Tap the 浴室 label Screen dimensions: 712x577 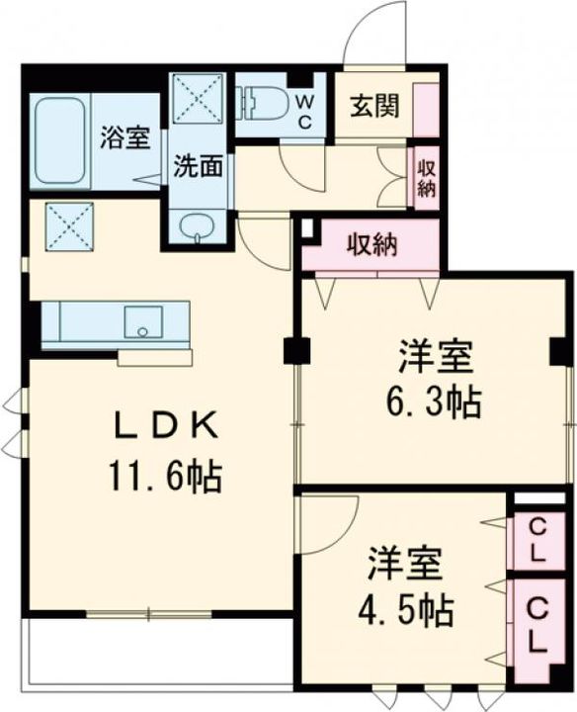tap(124, 137)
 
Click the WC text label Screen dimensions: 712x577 tap(305, 112)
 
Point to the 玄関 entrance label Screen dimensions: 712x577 tap(374, 105)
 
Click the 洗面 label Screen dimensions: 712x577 tap(198, 166)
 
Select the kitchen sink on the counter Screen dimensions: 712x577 tap(142, 321)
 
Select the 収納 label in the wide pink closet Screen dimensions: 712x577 tap(371, 245)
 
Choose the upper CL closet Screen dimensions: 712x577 tap(536, 541)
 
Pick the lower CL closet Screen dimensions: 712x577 tap(536, 624)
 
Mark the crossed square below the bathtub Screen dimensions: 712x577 tap(69, 225)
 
